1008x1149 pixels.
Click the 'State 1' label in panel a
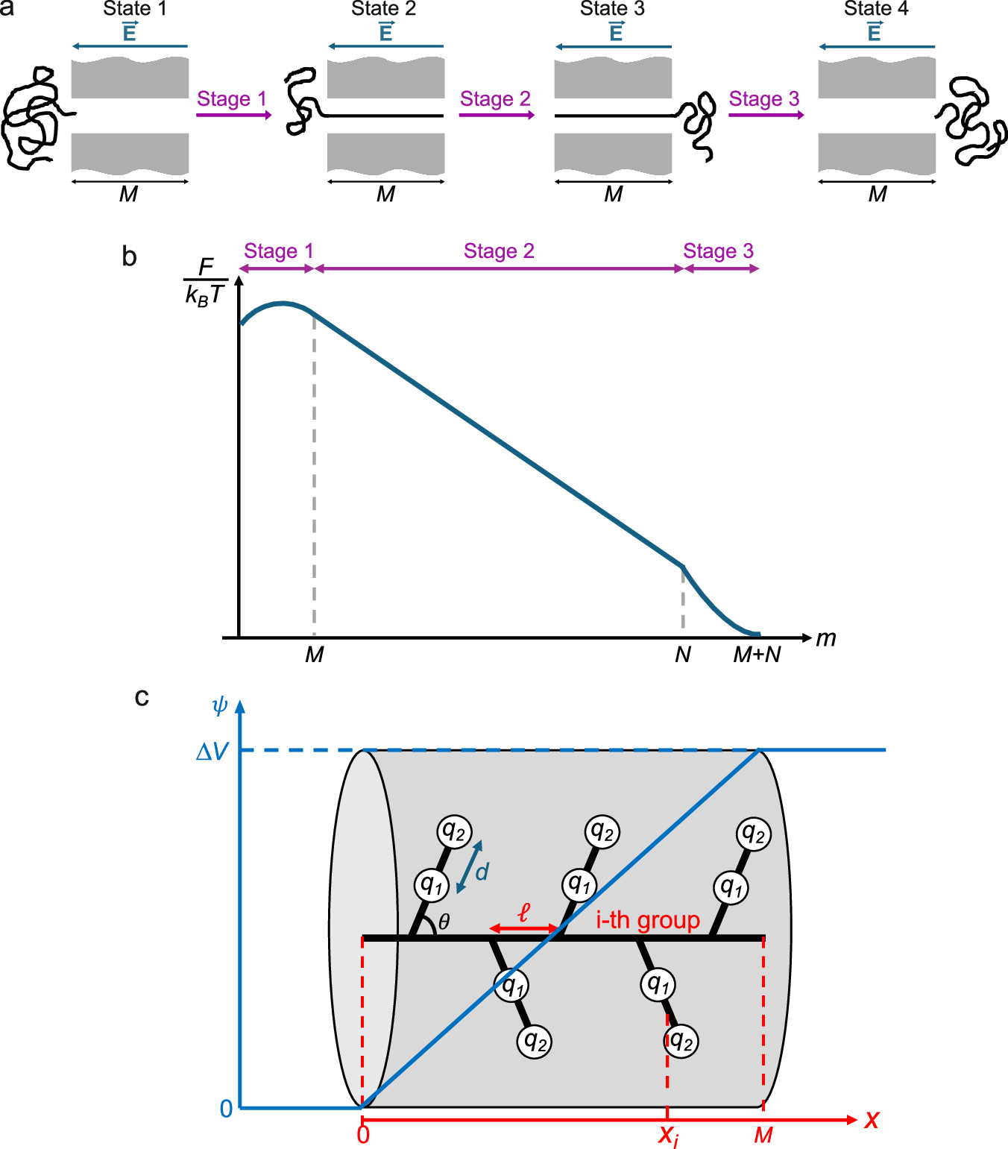pos(134,9)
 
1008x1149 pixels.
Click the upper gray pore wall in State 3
pos(613,78)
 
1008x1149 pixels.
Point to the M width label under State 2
pos(385,195)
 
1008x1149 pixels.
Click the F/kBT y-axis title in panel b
pos(204,281)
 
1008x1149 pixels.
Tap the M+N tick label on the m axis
pos(757,655)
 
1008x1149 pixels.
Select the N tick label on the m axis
pos(682,655)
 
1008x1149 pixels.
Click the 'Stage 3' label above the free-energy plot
pos(718,251)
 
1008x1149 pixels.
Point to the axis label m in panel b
pos(825,638)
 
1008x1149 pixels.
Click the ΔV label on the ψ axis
pos(212,752)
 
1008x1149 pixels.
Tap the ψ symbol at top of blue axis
pos(219,705)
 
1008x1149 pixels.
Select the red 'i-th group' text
pos(647,920)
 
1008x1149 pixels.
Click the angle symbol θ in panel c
pos(444,922)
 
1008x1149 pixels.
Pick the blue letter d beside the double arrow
pos(482,872)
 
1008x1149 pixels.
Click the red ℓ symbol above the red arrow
pos(523,912)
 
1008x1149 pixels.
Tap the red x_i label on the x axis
pos(668,1136)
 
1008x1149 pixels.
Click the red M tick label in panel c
pos(763,1136)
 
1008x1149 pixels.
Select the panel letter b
pos(129,256)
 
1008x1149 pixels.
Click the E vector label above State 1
pos(130,32)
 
